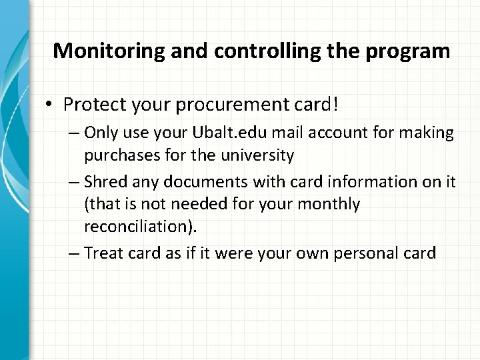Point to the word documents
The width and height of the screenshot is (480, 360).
(197, 182)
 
